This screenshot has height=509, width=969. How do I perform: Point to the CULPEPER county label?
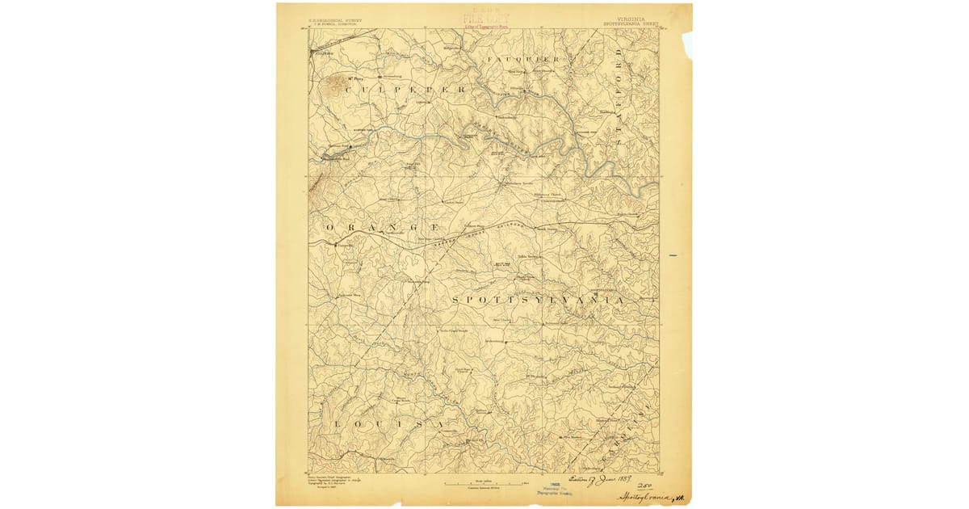pos(405,90)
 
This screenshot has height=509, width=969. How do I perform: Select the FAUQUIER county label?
pos(523,61)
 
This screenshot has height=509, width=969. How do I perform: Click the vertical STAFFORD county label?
pos(619,97)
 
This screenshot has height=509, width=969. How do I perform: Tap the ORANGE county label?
pos(384,229)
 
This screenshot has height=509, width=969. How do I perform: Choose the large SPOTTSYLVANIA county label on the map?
pos(538,300)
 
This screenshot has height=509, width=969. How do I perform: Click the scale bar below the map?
pos(484,482)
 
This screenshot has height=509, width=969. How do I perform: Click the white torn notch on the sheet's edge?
pos(687,44)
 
